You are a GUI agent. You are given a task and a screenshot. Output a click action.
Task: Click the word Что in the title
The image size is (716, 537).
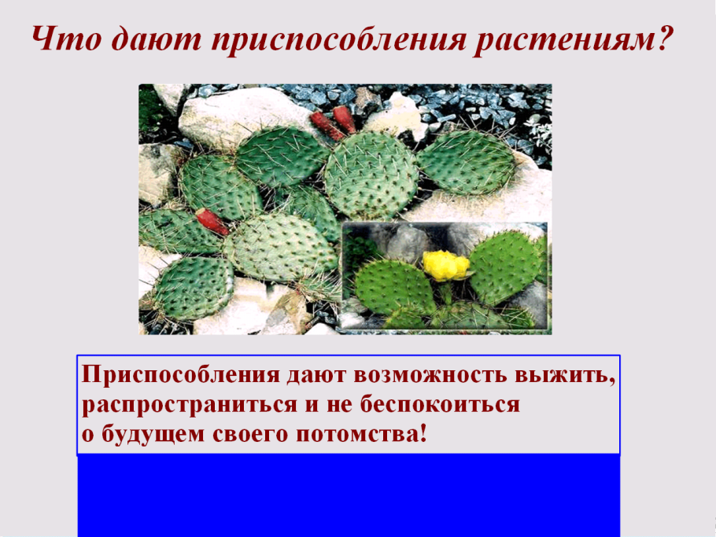62,39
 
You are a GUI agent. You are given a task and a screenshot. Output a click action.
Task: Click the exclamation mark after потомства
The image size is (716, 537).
423,434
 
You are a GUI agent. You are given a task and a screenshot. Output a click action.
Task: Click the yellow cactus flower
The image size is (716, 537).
445,265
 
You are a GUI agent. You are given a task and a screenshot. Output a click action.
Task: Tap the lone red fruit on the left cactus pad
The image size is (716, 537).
212,222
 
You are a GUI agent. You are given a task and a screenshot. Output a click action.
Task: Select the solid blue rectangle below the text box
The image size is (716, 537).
349,495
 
